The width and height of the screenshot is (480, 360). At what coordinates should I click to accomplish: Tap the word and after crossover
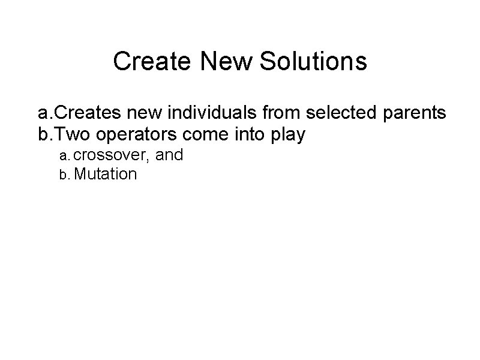[169, 156]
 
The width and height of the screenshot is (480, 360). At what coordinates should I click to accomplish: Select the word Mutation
[107, 175]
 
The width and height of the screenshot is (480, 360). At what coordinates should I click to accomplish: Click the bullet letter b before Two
[43, 135]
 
